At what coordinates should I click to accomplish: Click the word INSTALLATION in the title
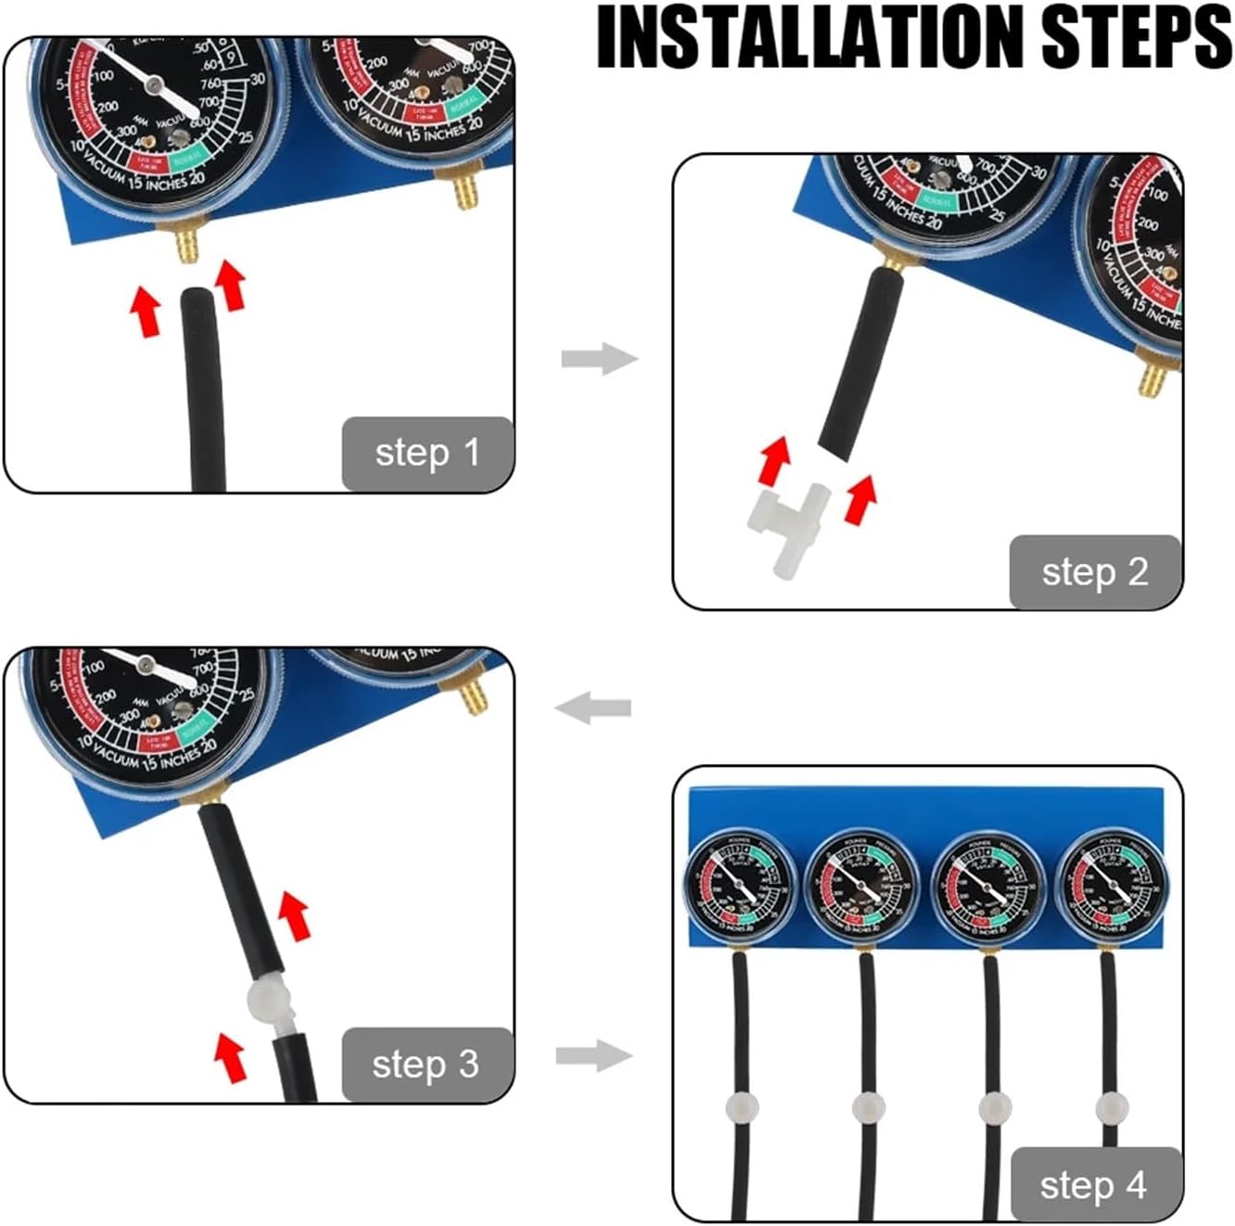click(x=809, y=38)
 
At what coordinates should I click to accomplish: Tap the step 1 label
click(x=427, y=453)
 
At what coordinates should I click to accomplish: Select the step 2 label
click(x=1095, y=572)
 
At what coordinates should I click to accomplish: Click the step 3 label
click(x=427, y=1065)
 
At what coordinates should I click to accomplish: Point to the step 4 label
click(x=1095, y=1185)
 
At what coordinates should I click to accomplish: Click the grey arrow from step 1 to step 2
click(x=599, y=358)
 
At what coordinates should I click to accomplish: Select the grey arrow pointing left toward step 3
click(x=593, y=709)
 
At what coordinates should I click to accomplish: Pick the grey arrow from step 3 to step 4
click(x=594, y=1055)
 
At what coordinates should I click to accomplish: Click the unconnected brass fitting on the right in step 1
click(x=464, y=186)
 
